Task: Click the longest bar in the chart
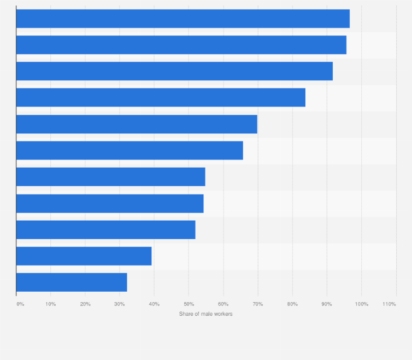click(x=183, y=19)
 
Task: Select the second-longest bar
click(x=181, y=45)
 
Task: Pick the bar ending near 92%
click(x=174, y=71)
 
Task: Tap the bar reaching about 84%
click(x=161, y=97)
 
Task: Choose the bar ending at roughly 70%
click(x=137, y=124)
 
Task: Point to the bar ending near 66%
click(x=130, y=150)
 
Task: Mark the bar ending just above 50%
click(x=105, y=229)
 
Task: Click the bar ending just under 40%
click(x=84, y=256)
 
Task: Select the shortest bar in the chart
click(x=72, y=282)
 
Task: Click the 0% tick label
click(x=20, y=304)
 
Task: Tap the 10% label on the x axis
click(x=50, y=304)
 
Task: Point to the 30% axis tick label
click(x=120, y=304)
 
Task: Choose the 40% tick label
click(x=154, y=304)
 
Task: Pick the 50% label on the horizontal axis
click(x=189, y=304)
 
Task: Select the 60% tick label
click(x=223, y=304)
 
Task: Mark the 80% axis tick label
click(x=292, y=304)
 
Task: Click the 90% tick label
click(x=327, y=304)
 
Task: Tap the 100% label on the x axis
click(x=361, y=304)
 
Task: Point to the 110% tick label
click(x=389, y=304)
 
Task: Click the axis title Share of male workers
click(x=205, y=314)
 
